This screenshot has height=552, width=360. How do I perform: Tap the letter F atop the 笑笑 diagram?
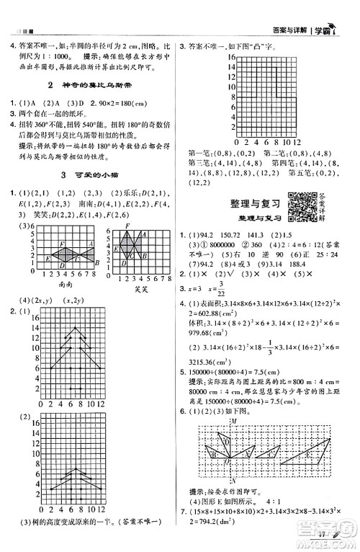tap(127, 226)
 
